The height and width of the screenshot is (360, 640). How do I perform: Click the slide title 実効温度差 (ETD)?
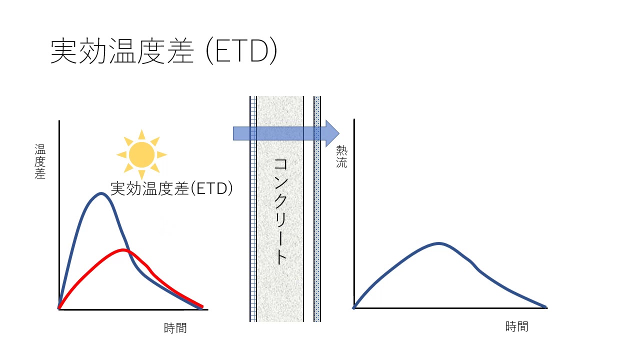pos(163,51)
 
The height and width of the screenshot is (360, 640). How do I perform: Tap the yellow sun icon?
pos(141,154)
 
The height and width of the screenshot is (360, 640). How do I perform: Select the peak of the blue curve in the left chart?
pos(101,193)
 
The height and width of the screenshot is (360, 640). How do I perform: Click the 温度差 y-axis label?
pos(40,161)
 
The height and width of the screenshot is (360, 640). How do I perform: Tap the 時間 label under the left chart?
pos(175,328)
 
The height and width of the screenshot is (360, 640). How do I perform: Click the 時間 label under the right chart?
pos(516,326)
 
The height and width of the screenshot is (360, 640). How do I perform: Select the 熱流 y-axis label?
pos(341,156)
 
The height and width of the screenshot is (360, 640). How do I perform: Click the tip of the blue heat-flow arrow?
pos(338,133)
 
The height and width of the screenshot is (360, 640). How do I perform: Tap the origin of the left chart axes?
pos(59,309)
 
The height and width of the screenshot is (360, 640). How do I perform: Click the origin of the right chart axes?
pos(354,308)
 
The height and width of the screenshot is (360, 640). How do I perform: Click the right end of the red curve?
pos(202,306)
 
